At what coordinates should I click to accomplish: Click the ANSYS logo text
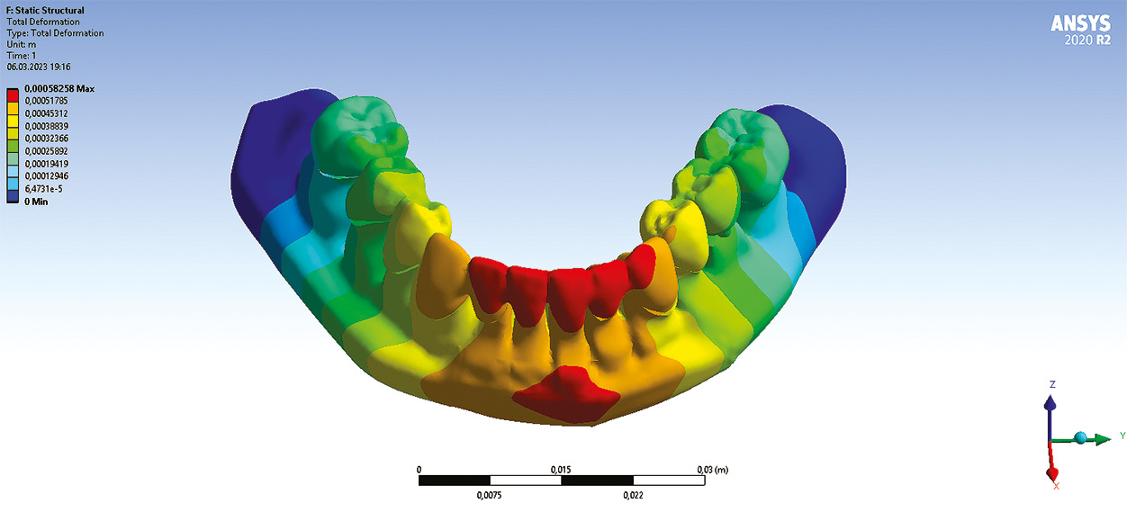1080,23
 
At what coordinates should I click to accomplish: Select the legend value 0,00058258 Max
59,88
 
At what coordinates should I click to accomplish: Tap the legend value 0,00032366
46,139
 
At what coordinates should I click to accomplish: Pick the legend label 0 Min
36,202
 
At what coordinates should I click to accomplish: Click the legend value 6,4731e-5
44,189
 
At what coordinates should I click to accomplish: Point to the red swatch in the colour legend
13,95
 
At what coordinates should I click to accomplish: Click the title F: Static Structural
45,10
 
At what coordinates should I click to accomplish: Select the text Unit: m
21,44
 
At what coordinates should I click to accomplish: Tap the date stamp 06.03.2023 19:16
38,67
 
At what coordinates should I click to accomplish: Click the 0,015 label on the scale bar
561,469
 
